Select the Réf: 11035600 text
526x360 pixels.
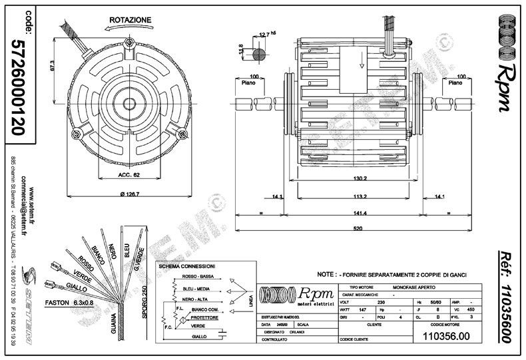(x=507, y=298)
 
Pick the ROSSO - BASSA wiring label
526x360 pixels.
(x=198, y=276)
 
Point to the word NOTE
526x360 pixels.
(x=326, y=273)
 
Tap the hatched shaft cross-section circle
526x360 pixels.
(x=260, y=50)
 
